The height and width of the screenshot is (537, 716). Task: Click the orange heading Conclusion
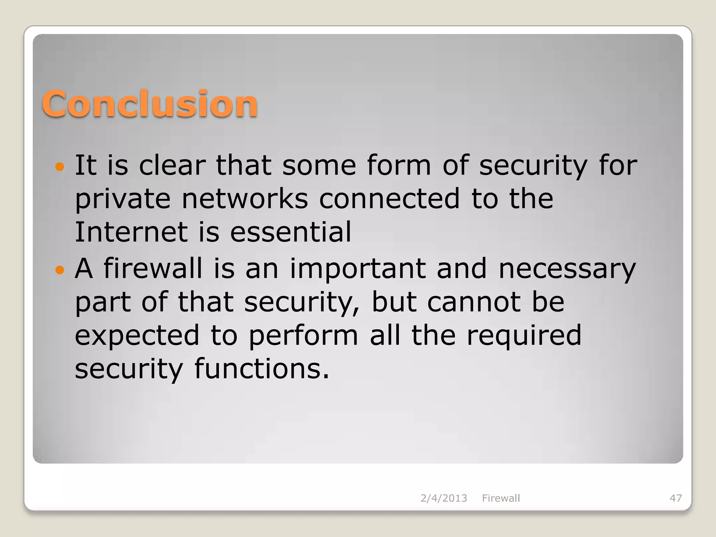(x=150, y=104)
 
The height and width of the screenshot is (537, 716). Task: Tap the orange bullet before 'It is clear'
(x=60, y=166)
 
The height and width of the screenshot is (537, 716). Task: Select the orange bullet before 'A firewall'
(x=60, y=270)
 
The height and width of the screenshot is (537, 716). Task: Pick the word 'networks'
(x=245, y=199)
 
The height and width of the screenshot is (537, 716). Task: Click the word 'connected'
(x=389, y=199)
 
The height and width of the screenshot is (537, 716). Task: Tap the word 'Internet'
(x=131, y=232)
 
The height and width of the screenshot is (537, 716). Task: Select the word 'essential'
(x=291, y=232)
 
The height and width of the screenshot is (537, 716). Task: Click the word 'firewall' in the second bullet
(x=153, y=268)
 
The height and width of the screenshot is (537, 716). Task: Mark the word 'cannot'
(x=474, y=302)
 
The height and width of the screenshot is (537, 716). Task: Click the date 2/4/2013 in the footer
(x=444, y=498)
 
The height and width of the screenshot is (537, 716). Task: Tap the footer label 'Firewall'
(x=501, y=498)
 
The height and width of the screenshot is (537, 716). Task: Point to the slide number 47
(x=675, y=498)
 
